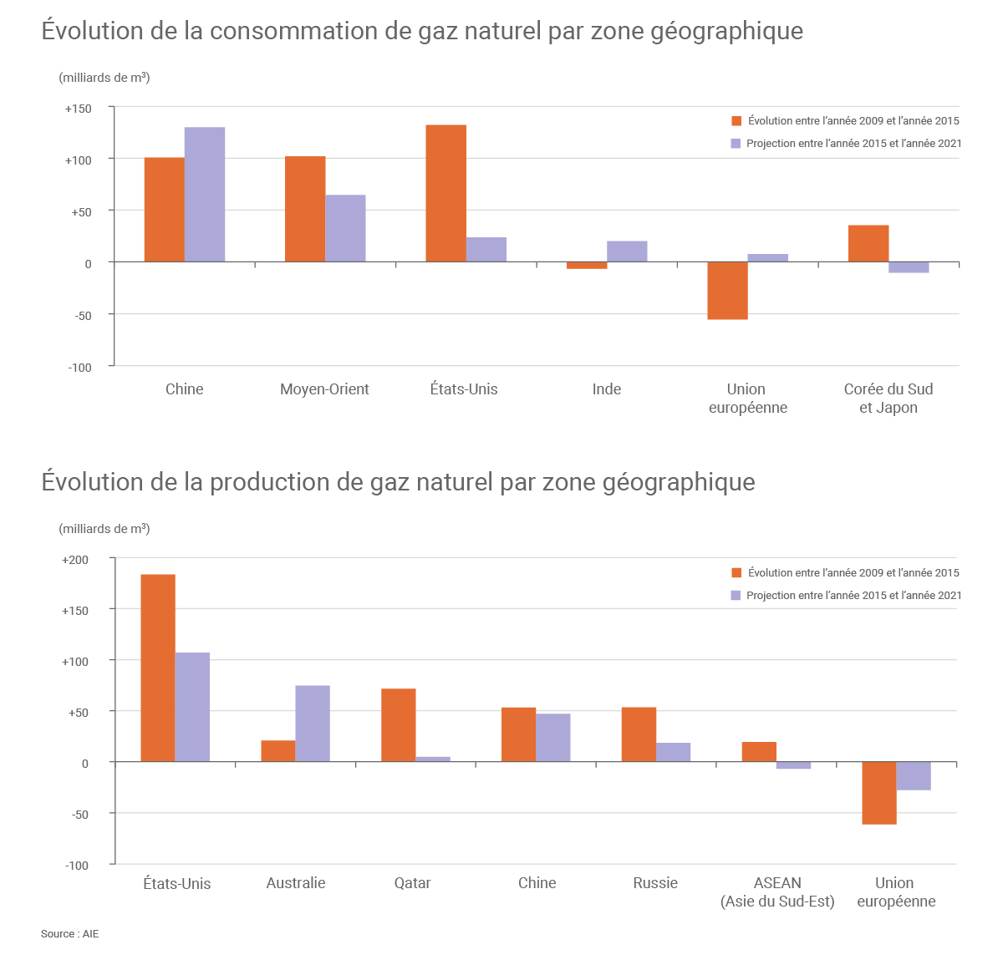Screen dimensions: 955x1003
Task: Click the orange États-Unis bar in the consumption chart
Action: pos(445,193)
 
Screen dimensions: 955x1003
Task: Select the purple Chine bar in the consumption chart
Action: pos(205,195)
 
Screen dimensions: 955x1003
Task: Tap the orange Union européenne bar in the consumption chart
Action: pos(727,291)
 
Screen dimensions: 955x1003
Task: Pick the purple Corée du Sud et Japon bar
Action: pos(909,267)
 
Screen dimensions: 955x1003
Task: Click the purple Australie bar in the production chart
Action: pos(313,724)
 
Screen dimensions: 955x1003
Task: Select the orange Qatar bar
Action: pos(398,725)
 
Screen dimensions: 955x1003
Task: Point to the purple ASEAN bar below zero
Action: pos(793,765)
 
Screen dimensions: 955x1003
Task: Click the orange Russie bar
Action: pos(639,734)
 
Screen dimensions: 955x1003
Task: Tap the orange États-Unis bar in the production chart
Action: pos(158,668)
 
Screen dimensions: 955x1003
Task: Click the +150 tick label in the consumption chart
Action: pos(79,109)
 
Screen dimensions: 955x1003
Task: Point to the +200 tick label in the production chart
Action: pos(75,560)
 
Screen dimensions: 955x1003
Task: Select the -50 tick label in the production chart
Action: pos(79,814)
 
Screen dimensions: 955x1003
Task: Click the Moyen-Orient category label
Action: pos(324,389)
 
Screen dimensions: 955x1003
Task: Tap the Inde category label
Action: pos(607,389)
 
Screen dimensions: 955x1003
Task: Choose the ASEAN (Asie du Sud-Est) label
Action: pos(777,892)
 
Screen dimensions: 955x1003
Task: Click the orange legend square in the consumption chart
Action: pos(736,120)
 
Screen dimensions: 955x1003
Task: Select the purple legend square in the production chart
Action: pos(736,595)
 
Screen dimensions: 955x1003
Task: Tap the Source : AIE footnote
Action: pos(70,933)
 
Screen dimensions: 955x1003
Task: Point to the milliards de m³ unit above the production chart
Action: pos(104,529)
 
